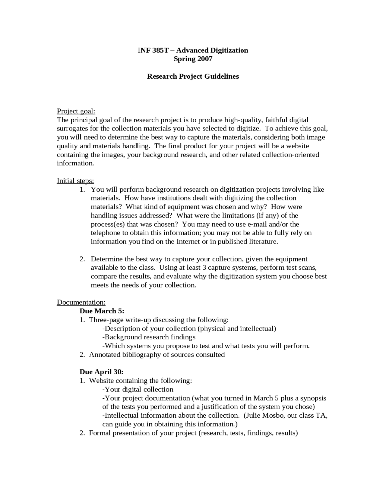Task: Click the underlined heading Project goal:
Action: click(76, 111)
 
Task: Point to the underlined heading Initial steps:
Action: click(75, 181)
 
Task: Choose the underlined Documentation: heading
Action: click(81, 302)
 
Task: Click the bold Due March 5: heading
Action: click(102, 311)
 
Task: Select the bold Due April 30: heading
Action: click(101, 372)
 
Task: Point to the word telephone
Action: click(105, 233)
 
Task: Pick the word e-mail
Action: click(257, 224)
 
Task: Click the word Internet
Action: click(188, 242)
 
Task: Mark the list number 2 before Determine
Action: click(82, 259)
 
